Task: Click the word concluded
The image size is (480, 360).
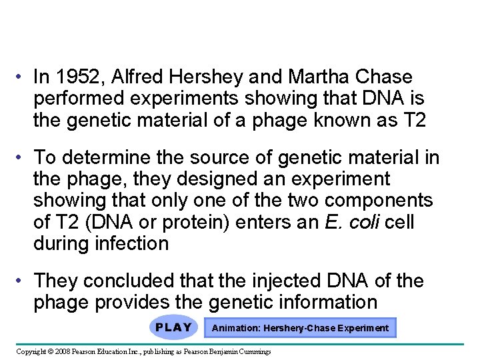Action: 137,281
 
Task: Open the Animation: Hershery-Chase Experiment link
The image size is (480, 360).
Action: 300,328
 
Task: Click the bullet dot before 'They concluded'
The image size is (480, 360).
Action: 22,281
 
